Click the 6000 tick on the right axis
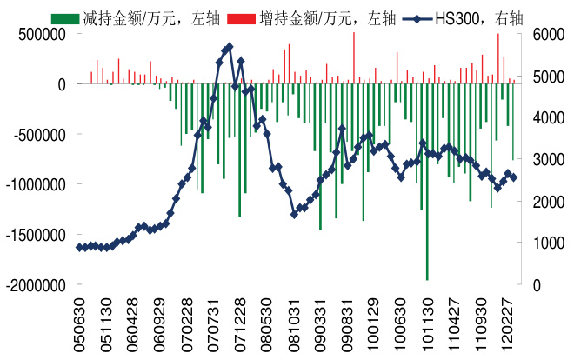point(537,34)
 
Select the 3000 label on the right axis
point(537,160)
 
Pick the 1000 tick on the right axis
point(537,243)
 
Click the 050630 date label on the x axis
point(80,323)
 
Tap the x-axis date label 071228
point(240,323)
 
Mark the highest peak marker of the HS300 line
point(229,47)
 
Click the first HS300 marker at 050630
point(80,248)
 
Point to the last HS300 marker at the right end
point(514,177)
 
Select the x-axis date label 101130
point(427,323)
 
